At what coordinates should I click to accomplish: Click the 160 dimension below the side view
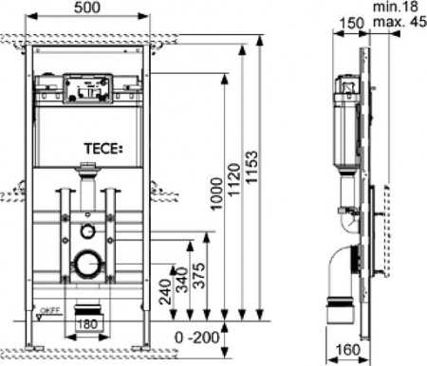coord(350,350)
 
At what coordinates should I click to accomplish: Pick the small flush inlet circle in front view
coord(87,230)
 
